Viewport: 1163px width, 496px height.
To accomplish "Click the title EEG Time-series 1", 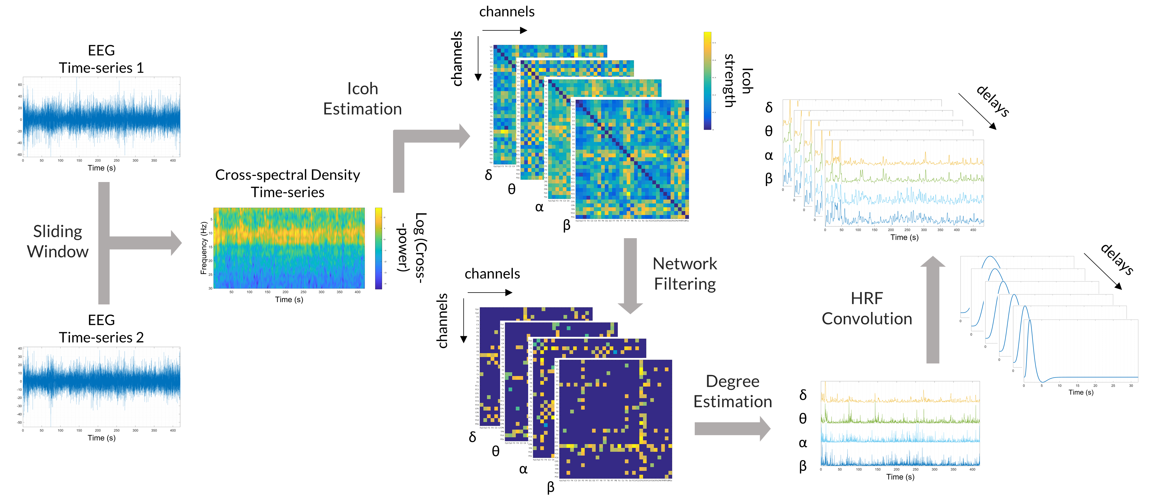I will (101, 59).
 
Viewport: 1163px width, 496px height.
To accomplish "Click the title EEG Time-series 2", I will (101, 329).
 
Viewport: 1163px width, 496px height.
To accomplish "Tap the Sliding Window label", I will (58, 241).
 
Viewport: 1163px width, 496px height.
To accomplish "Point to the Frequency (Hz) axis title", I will (204, 248).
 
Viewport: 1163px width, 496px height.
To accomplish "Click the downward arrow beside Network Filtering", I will (630, 275).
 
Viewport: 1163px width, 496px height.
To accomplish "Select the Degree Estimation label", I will (732, 391).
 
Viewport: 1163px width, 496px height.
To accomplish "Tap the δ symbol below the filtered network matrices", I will (472, 437).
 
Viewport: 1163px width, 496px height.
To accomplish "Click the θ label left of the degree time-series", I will (803, 419).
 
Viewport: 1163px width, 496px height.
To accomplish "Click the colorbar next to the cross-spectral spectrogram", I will (378, 248).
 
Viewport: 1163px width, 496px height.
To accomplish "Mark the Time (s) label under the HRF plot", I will (1081, 392).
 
